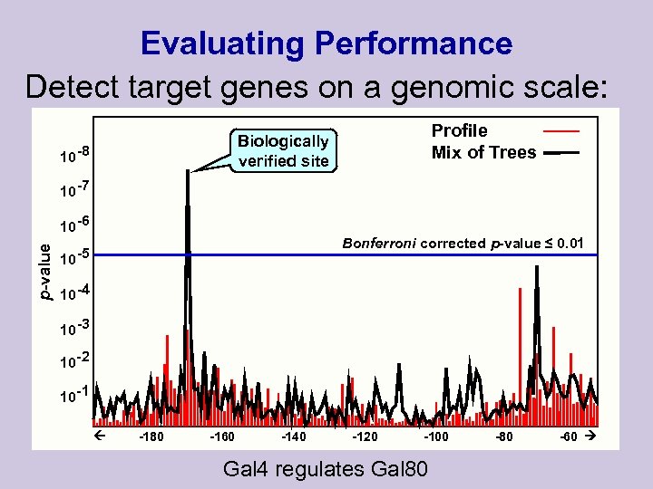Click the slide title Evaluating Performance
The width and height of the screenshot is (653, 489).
coord(326,43)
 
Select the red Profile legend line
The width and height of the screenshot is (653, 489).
coord(560,131)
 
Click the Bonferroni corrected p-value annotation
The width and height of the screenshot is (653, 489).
coord(463,243)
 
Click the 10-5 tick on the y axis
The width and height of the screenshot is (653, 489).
coord(73,258)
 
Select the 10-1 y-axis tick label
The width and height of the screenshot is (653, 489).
coord(73,396)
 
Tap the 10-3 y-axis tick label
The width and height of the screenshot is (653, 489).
coord(73,327)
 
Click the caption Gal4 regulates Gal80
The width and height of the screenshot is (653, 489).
coord(326,469)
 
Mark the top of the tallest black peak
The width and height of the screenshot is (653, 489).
coord(188,172)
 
